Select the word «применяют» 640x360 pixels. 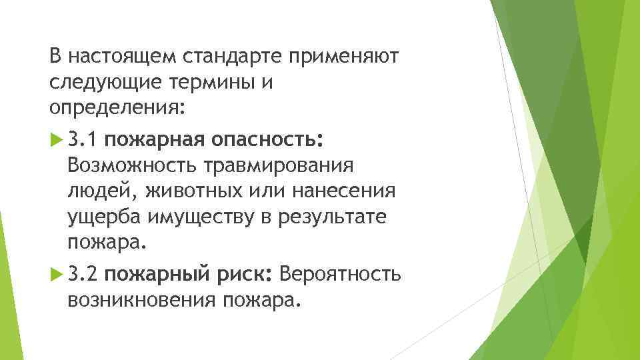coord(343,57)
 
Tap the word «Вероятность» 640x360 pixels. coord(341,273)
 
